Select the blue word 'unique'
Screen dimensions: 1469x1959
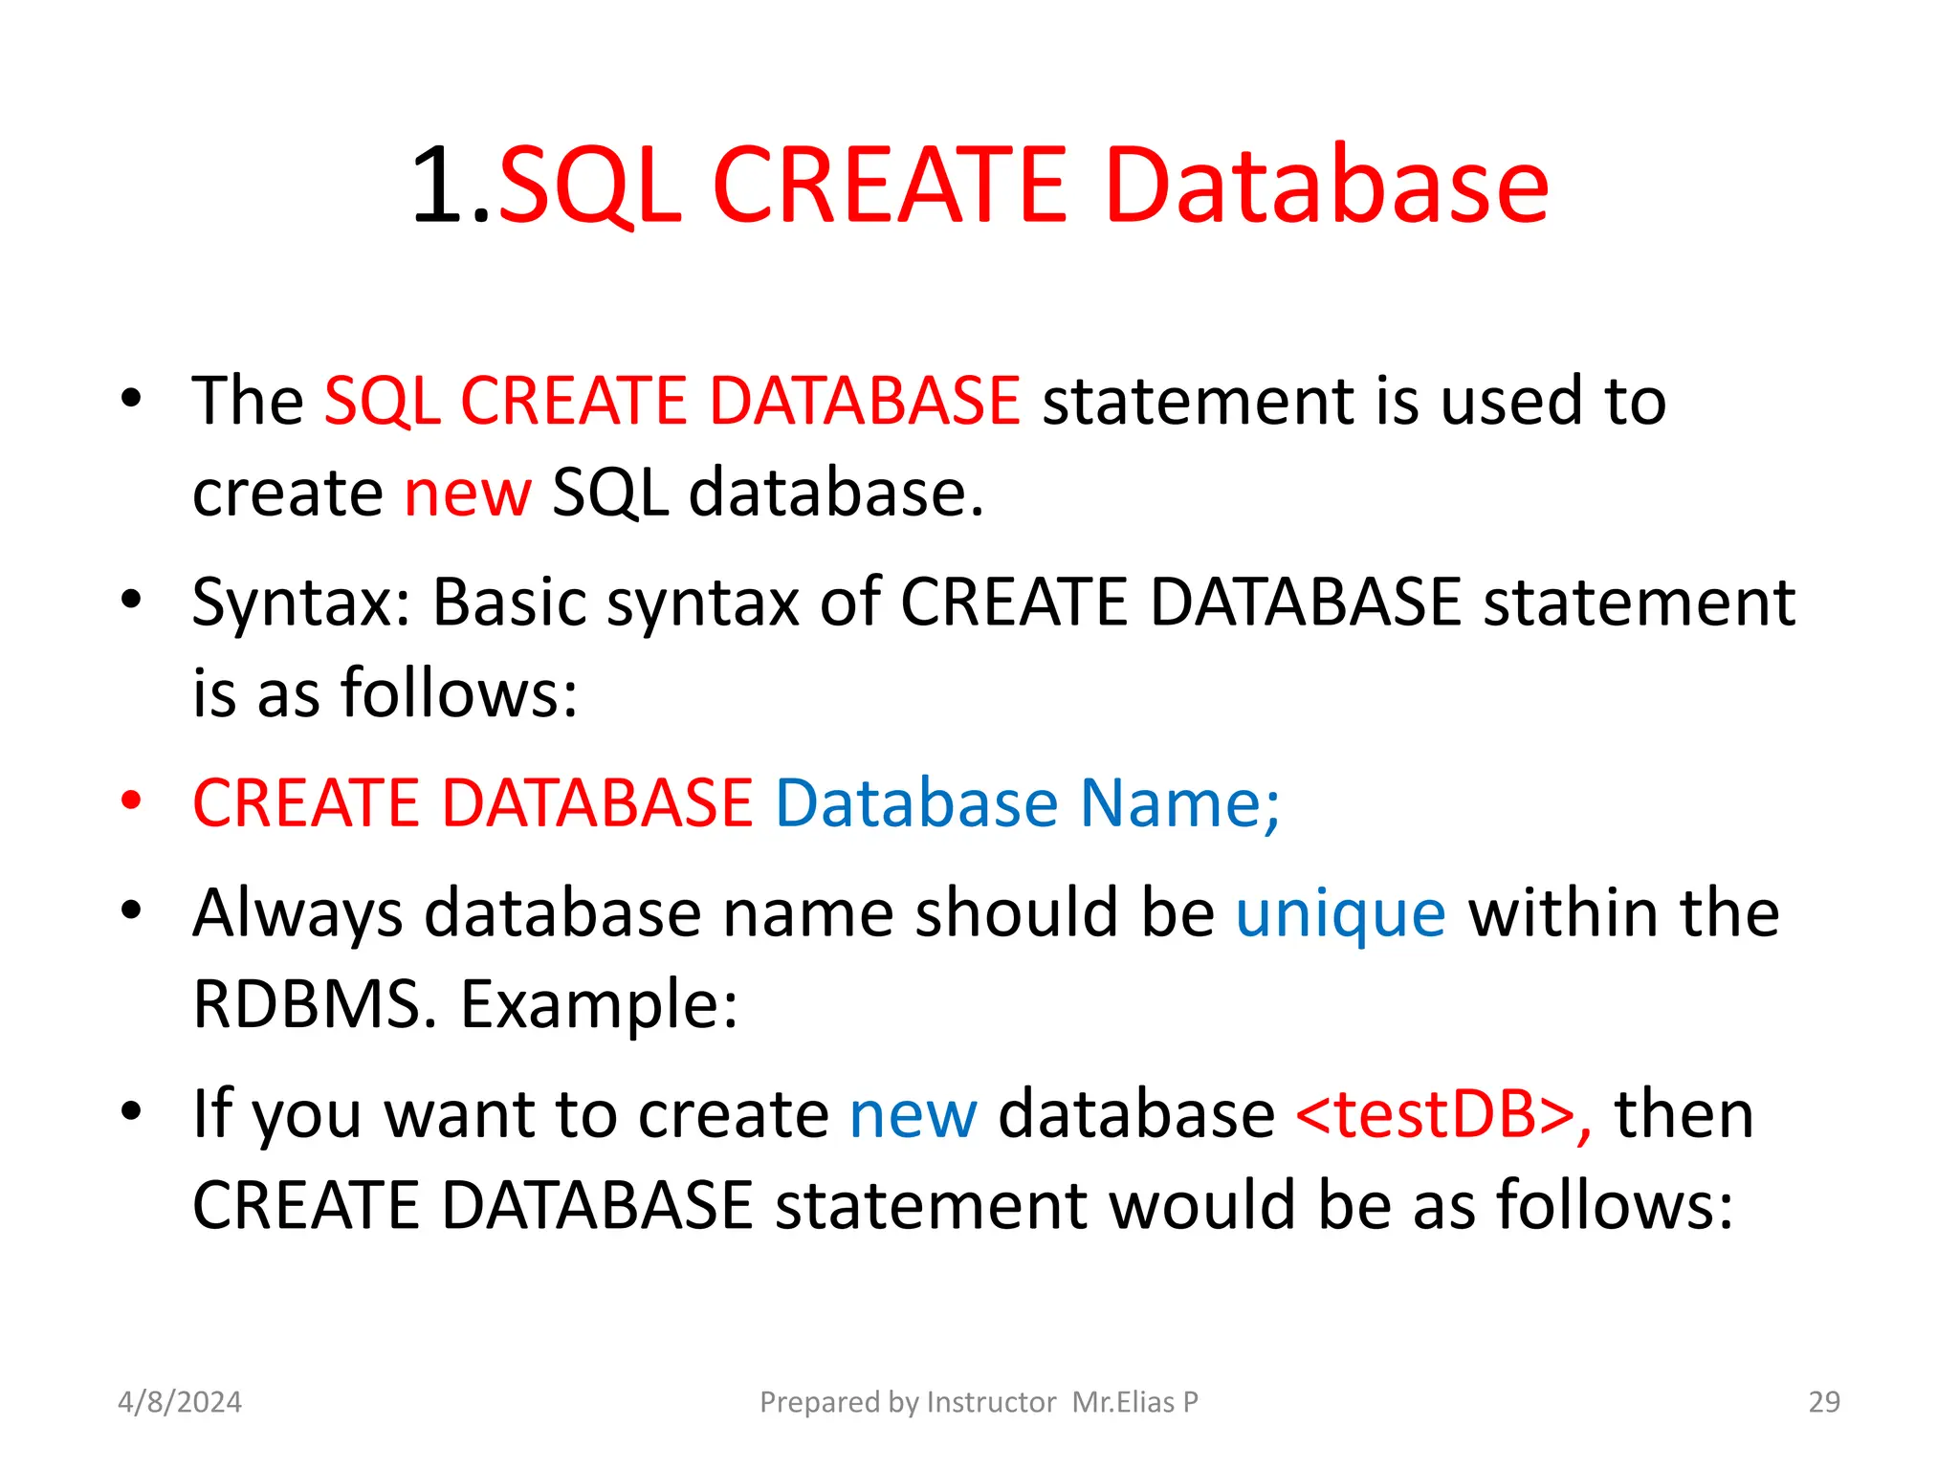click(1340, 913)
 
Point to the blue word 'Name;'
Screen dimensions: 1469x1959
click(1179, 802)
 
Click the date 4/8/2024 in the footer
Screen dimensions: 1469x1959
click(180, 1402)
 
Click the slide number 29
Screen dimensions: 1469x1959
click(1824, 1402)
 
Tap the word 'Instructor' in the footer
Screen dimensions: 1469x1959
click(991, 1402)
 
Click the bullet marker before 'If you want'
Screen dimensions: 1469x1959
click(131, 1111)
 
